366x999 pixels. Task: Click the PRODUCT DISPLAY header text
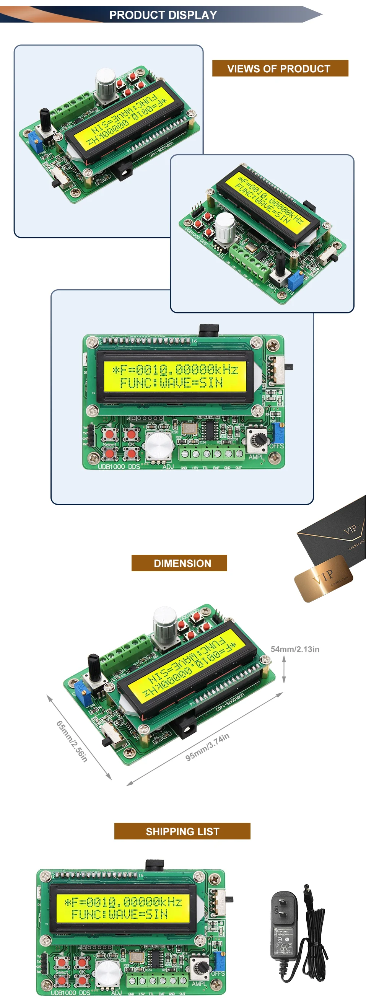(x=163, y=15)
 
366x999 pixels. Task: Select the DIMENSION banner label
(x=182, y=563)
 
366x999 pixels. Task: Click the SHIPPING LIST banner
(x=182, y=831)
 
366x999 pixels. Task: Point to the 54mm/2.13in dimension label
(x=294, y=649)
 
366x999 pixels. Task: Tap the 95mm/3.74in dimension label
(x=207, y=747)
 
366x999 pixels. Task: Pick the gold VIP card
(x=323, y=578)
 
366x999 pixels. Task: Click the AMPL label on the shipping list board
(x=199, y=984)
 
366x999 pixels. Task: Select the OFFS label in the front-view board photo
(x=277, y=446)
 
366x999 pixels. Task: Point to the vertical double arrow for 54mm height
(x=284, y=672)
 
